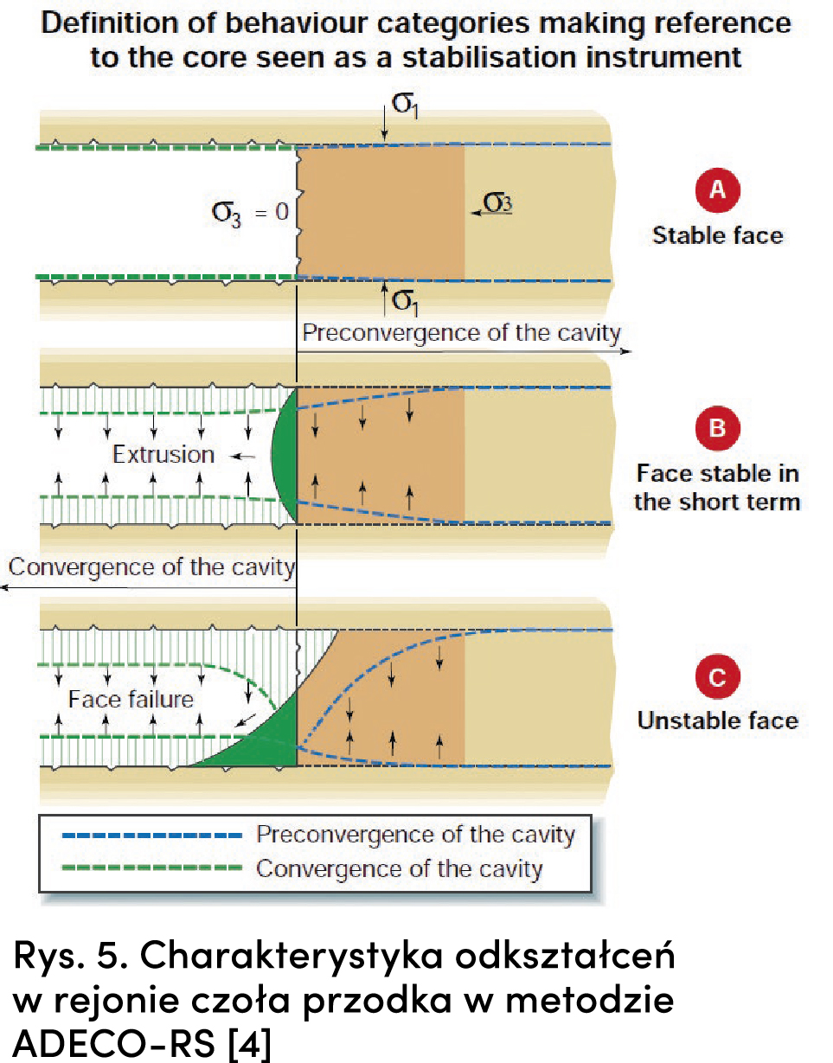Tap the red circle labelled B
[717, 429]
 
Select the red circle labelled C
[717, 677]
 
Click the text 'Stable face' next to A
[717, 235]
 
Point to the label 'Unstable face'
[717, 720]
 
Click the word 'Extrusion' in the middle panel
[163, 454]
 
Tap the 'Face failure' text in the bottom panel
[131, 698]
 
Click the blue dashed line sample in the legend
[152, 836]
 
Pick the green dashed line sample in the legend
[152, 868]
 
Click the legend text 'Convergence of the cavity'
[399, 868]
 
